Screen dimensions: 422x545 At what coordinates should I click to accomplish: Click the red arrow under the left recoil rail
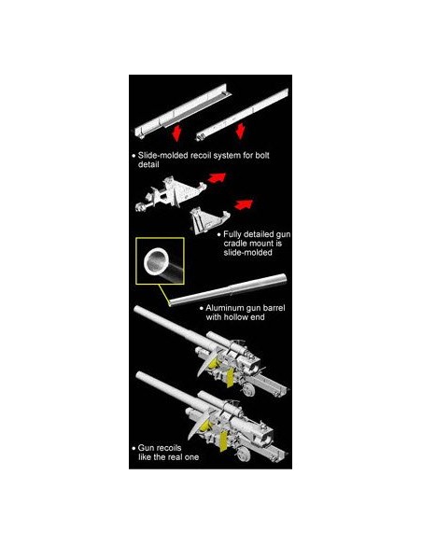tap(177, 133)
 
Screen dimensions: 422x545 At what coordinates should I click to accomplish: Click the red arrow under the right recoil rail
tap(240, 131)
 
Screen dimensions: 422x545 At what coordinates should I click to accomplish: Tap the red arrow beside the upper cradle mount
tap(217, 177)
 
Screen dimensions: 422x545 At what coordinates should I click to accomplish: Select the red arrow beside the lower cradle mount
tap(244, 204)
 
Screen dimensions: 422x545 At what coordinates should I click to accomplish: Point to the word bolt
tap(262, 155)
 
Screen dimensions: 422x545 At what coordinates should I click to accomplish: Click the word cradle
tap(235, 244)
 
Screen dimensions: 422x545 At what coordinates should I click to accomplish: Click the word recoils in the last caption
tap(169, 448)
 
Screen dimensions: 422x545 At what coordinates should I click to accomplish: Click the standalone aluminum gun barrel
tap(228, 289)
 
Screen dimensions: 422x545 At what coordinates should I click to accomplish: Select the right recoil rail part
tap(243, 114)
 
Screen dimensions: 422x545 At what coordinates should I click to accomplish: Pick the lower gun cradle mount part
tap(209, 219)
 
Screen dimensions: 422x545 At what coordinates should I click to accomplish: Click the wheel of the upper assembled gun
tap(249, 389)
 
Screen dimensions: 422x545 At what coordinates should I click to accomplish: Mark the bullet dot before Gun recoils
tap(134, 448)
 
